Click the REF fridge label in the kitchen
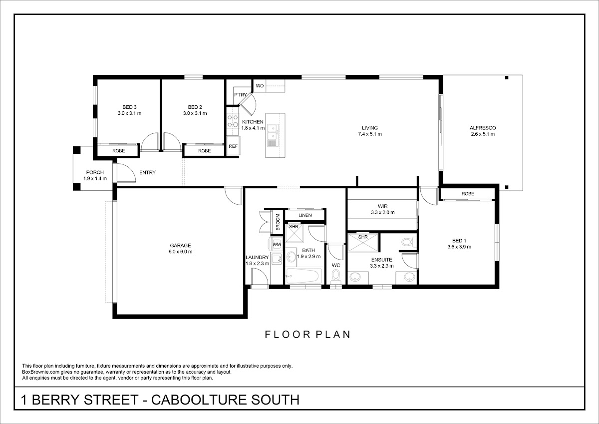coord(233,146)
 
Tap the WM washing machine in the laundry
coord(276,244)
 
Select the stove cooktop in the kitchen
coord(233,121)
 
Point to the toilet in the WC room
coord(335,277)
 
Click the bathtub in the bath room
coord(304,276)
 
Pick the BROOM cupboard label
coord(278,222)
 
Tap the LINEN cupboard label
coord(305,215)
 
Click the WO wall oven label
coord(260,85)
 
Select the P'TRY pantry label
coord(241,95)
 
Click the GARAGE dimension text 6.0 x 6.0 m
coord(180,252)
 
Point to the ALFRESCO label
coord(483,128)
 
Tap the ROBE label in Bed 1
coord(468,194)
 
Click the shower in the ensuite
coord(363,243)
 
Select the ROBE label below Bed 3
coord(118,151)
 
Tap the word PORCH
coord(95,172)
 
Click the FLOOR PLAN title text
coord(307,335)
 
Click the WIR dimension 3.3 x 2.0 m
coord(383,212)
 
